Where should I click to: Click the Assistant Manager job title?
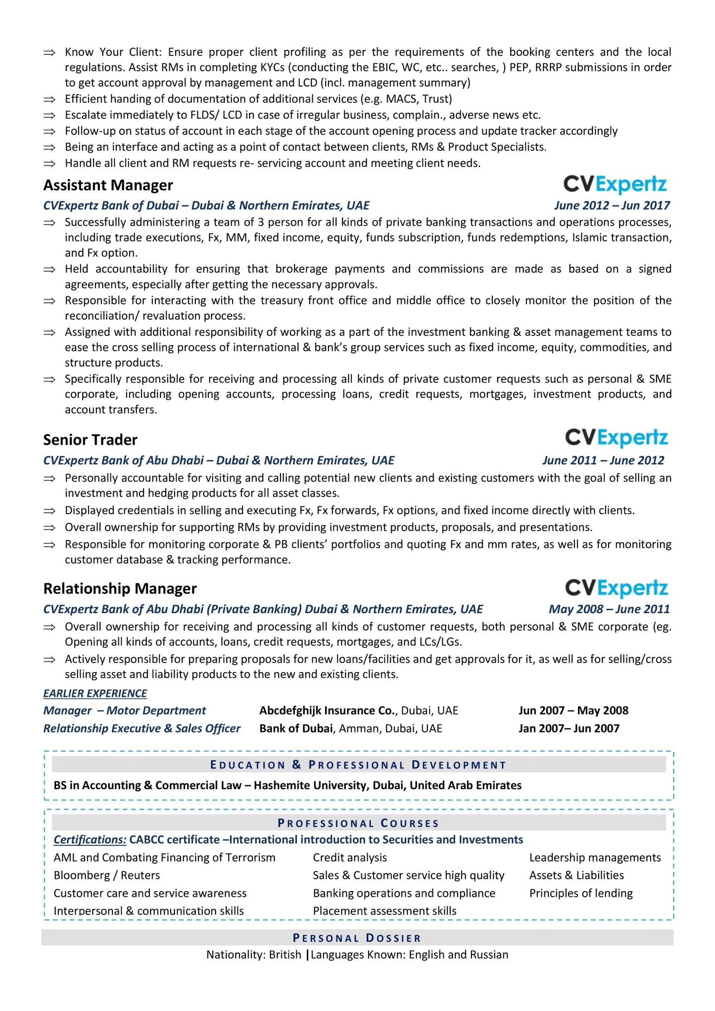click(108, 185)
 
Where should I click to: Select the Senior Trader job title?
click(90, 440)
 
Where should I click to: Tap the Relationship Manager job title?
click(120, 588)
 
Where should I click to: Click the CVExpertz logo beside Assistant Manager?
click(615, 185)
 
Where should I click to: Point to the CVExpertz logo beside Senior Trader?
click(617, 438)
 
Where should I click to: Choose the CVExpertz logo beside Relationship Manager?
click(617, 588)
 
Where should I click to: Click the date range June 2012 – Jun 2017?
click(612, 205)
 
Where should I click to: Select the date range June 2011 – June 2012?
click(603, 460)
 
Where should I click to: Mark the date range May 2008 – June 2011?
click(609, 609)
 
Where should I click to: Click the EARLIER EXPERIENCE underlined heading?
click(95, 693)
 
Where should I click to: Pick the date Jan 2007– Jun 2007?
click(569, 728)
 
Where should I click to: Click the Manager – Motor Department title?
click(124, 711)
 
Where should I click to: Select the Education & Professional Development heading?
click(358, 765)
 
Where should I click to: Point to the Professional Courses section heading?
click(358, 823)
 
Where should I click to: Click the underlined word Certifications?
click(90, 840)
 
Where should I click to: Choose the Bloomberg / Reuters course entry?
click(107, 875)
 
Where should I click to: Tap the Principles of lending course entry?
click(581, 893)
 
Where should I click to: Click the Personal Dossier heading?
click(357, 938)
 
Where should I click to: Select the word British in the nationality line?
click(285, 955)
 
